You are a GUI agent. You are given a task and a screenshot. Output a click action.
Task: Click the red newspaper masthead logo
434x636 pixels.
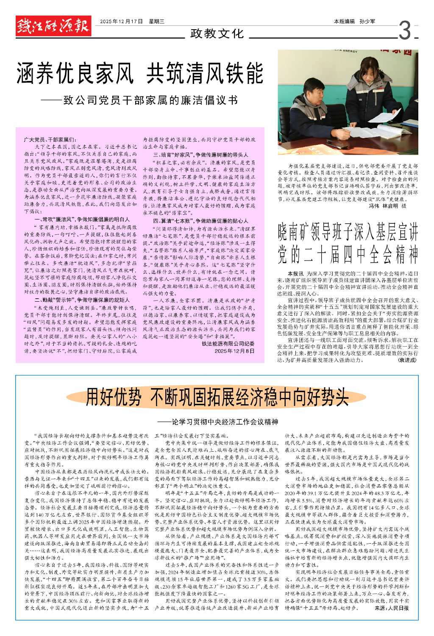53,27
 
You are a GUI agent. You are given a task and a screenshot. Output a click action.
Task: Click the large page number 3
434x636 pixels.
405,31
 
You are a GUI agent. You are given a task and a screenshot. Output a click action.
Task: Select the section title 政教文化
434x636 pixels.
217,33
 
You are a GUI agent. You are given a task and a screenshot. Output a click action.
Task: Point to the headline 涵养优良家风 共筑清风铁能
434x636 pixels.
140,72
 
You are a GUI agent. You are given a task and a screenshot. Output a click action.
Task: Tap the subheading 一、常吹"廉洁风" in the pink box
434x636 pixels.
81,220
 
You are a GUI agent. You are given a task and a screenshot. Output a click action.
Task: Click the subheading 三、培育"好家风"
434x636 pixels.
200,155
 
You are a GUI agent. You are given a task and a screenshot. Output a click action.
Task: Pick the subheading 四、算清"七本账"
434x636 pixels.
200,221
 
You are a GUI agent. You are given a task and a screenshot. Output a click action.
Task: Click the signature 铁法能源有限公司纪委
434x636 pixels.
228,344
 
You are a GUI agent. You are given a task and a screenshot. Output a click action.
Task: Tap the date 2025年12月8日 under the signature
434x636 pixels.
234,351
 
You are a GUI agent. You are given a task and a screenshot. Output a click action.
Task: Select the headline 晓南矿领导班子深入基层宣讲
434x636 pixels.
348,233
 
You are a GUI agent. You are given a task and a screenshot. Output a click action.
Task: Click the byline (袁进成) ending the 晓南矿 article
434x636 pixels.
406,360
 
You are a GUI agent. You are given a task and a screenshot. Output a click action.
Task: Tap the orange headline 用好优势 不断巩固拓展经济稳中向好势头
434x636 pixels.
217,397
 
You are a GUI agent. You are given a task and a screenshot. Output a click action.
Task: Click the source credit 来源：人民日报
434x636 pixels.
392,608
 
